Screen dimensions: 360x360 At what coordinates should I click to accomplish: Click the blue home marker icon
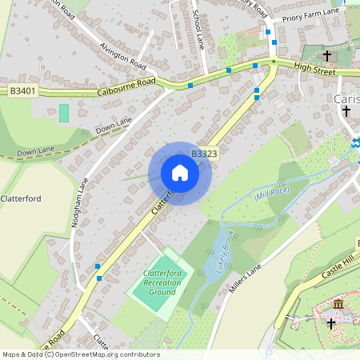[x=179, y=173]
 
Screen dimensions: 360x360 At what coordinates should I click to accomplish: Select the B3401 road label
[x=23, y=91]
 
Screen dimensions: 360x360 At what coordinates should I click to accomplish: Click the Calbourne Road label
[x=126, y=86]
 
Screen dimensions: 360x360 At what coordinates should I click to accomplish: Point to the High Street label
[x=314, y=70]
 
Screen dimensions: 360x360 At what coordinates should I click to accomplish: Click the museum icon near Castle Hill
[x=338, y=305]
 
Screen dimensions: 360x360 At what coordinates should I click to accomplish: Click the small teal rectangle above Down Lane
[x=64, y=113]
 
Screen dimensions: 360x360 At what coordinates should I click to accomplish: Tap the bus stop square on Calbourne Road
[x=190, y=85]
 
